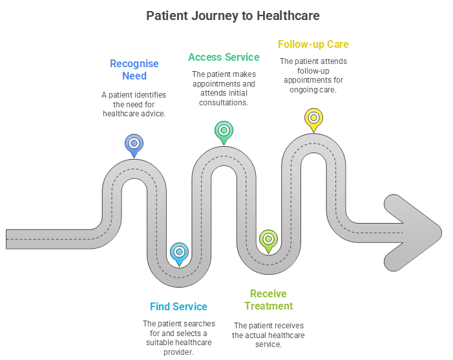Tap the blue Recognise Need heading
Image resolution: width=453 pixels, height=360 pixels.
[134, 70]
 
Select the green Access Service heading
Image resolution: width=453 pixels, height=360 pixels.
[224, 57]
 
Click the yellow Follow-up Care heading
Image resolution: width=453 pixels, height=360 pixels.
[313, 44]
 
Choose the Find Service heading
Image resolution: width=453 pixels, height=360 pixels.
[178, 306]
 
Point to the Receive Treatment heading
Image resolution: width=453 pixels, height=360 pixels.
[268, 299]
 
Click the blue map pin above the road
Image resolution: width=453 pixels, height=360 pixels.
[134, 144]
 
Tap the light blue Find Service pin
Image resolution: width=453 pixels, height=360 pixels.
[178, 253]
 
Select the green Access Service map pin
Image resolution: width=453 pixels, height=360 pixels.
[224, 131]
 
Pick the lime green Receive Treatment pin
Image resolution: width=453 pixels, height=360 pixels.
[268, 239]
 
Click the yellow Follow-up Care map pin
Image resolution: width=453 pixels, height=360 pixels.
[313, 118]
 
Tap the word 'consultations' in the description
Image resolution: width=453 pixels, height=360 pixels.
[224, 102]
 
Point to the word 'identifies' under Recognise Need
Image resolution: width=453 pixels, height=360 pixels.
[148, 95]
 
